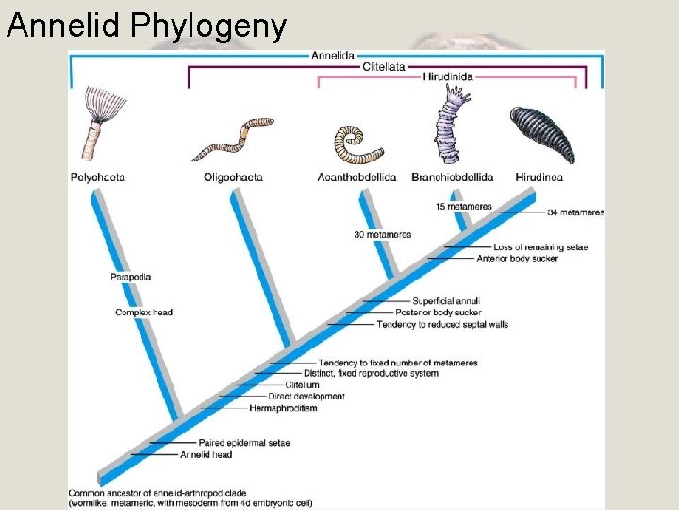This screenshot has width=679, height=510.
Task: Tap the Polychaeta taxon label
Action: click(97, 177)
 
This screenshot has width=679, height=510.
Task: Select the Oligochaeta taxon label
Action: click(233, 177)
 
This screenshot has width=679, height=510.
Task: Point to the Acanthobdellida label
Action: click(356, 177)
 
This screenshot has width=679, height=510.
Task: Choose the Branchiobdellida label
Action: click(452, 177)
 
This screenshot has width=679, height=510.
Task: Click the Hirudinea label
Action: click(540, 177)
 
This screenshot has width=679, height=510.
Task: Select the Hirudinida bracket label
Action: click(448, 77)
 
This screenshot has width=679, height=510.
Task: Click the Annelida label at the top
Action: click(333, 56)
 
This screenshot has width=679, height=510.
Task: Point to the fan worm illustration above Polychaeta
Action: click(97, 123)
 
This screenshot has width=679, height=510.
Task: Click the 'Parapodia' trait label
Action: click(130, 277)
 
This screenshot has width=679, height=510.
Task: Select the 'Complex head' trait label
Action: click(143, 312)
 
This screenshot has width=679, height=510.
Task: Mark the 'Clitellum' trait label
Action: click(302, 385)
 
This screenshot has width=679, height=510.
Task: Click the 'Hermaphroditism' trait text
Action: click(283, 408)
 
